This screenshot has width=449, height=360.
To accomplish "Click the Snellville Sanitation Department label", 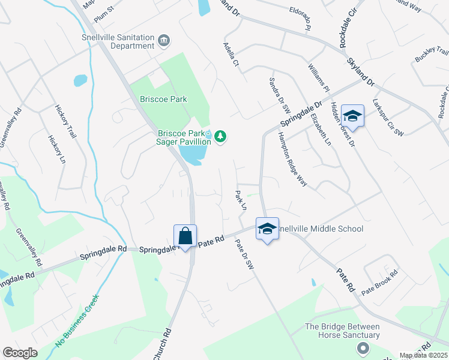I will pyautogui.click(x=118, y=41).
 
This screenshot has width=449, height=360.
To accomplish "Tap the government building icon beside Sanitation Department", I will pyautogui.click(x=163, y=41).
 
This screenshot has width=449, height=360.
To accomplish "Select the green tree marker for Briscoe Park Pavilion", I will pyautogui.click(x=221, y=137).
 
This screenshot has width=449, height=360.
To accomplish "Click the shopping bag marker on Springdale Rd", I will pyautogui.click(x=185, y=236).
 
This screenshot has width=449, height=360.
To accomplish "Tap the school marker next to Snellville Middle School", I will pyautogui.click(x=267, y=229).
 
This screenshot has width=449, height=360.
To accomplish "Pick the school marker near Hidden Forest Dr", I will pyautogui.click(x=352, y=116).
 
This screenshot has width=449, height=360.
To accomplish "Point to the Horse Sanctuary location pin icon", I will pyautogui.click(x=362, y=348).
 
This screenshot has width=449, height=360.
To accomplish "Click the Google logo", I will pyautogui.click(x=20, y=353).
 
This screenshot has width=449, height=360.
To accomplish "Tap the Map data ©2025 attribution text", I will pyautogui.click(x=424, y=355).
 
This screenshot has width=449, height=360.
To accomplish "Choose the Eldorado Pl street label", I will pyautogui.click(x=300, y=19).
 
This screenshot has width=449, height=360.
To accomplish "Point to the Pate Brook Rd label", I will pyautogui.click(x=379, y=281).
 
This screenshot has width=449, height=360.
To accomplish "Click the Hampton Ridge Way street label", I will pyautogui.click(x=293, y=159).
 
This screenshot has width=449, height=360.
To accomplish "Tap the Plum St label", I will pyautogui.click(x=104, y=12).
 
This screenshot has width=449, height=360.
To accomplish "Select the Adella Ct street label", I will pyautogui.click(x=231, y=54).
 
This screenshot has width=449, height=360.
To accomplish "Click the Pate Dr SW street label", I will pyautogui.click(x=244, y=254).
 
